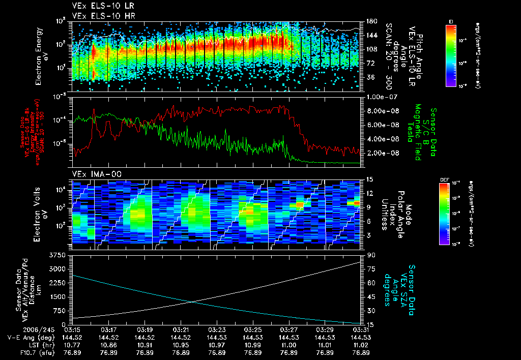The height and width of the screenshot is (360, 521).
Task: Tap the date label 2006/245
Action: [x=19, y=329]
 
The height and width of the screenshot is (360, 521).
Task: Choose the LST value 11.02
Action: [x=361, y=345]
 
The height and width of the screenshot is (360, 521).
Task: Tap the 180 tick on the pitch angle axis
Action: [x=371, y=21]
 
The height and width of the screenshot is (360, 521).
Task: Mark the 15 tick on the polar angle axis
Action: [x=369, y=179]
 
